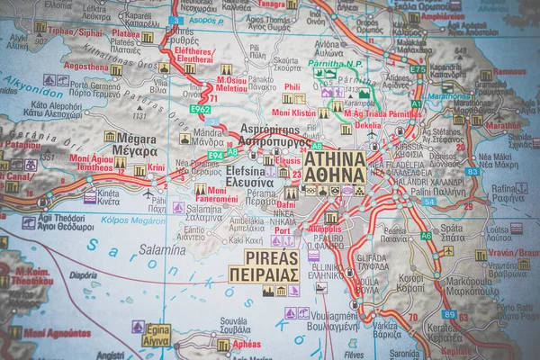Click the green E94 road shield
click(215, 156)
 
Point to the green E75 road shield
click(418, 69)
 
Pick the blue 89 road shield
click(448, 314)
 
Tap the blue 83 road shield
click(472, 171)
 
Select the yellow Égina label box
click(156, 335)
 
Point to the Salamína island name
click(162, 249)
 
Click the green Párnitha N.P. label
click(335, 64)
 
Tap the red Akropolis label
click(325, 229)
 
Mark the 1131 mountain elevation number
click(139, 115)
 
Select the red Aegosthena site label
click(85, 67)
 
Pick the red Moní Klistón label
click(292, 112)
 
